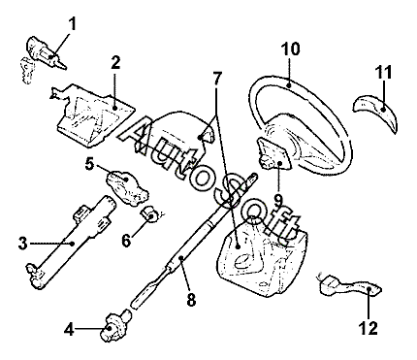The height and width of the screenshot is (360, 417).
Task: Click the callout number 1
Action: tap(73, 24)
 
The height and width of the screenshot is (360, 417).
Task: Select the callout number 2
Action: tap(115, 63)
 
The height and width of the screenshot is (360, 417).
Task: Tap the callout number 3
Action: tap(22, 244)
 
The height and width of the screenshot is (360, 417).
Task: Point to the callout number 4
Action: tap(69, 330)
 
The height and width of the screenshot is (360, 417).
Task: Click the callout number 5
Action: tap(89, 164)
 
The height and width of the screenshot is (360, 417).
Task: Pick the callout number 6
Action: tap(126, 241)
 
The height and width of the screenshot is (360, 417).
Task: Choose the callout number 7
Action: tap(217, 78)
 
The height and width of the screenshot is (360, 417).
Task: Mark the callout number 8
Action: tap(191, 300)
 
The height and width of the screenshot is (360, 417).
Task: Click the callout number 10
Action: tap(291, 49)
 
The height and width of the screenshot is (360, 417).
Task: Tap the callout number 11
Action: tap(383, 72)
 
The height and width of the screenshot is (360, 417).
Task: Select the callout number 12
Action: tap(369, 329)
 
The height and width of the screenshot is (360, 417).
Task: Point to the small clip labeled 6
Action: tap(149, 214)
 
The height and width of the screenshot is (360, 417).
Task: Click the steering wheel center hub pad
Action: tap(275, 152)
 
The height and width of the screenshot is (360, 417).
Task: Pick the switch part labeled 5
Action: tap(127, 188)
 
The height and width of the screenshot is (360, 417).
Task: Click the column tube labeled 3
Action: tap(71, 242)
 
